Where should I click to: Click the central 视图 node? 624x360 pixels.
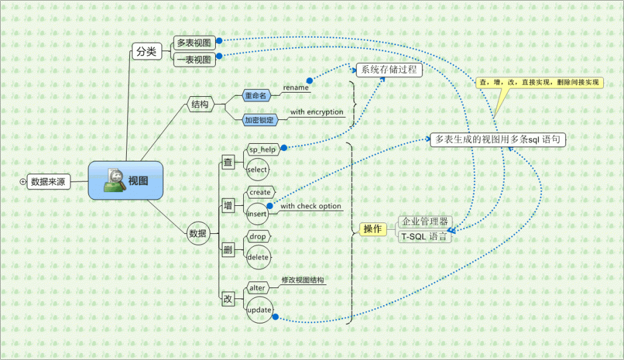(x=126, y=180)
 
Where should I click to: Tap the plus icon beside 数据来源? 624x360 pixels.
(x=23, y=181)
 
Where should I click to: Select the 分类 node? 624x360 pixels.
(x=146, y=52)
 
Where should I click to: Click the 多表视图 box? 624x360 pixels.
(x=194, y=43)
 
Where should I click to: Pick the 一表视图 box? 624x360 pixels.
(x=194, y=60)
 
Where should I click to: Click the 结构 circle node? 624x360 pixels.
(x=200, y=104)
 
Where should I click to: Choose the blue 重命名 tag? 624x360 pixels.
(x=255, y=96)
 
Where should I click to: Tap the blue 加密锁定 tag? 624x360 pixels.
(x=259, y=120)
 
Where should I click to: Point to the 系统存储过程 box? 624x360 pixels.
(x=389, y=69)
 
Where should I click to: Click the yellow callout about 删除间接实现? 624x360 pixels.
(x=539, y=83)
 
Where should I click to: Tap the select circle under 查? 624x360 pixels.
(x=257, y=169)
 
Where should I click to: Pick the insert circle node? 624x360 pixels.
(x=257, y=214)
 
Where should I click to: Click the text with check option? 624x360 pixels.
(x=311, y=206)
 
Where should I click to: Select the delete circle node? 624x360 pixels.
(x=258, y=257)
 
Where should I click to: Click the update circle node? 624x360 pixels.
(x=259, y=310)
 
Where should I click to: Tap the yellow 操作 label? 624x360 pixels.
(x=372, y=229)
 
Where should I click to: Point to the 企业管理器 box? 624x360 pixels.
(x=425, y=221)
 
